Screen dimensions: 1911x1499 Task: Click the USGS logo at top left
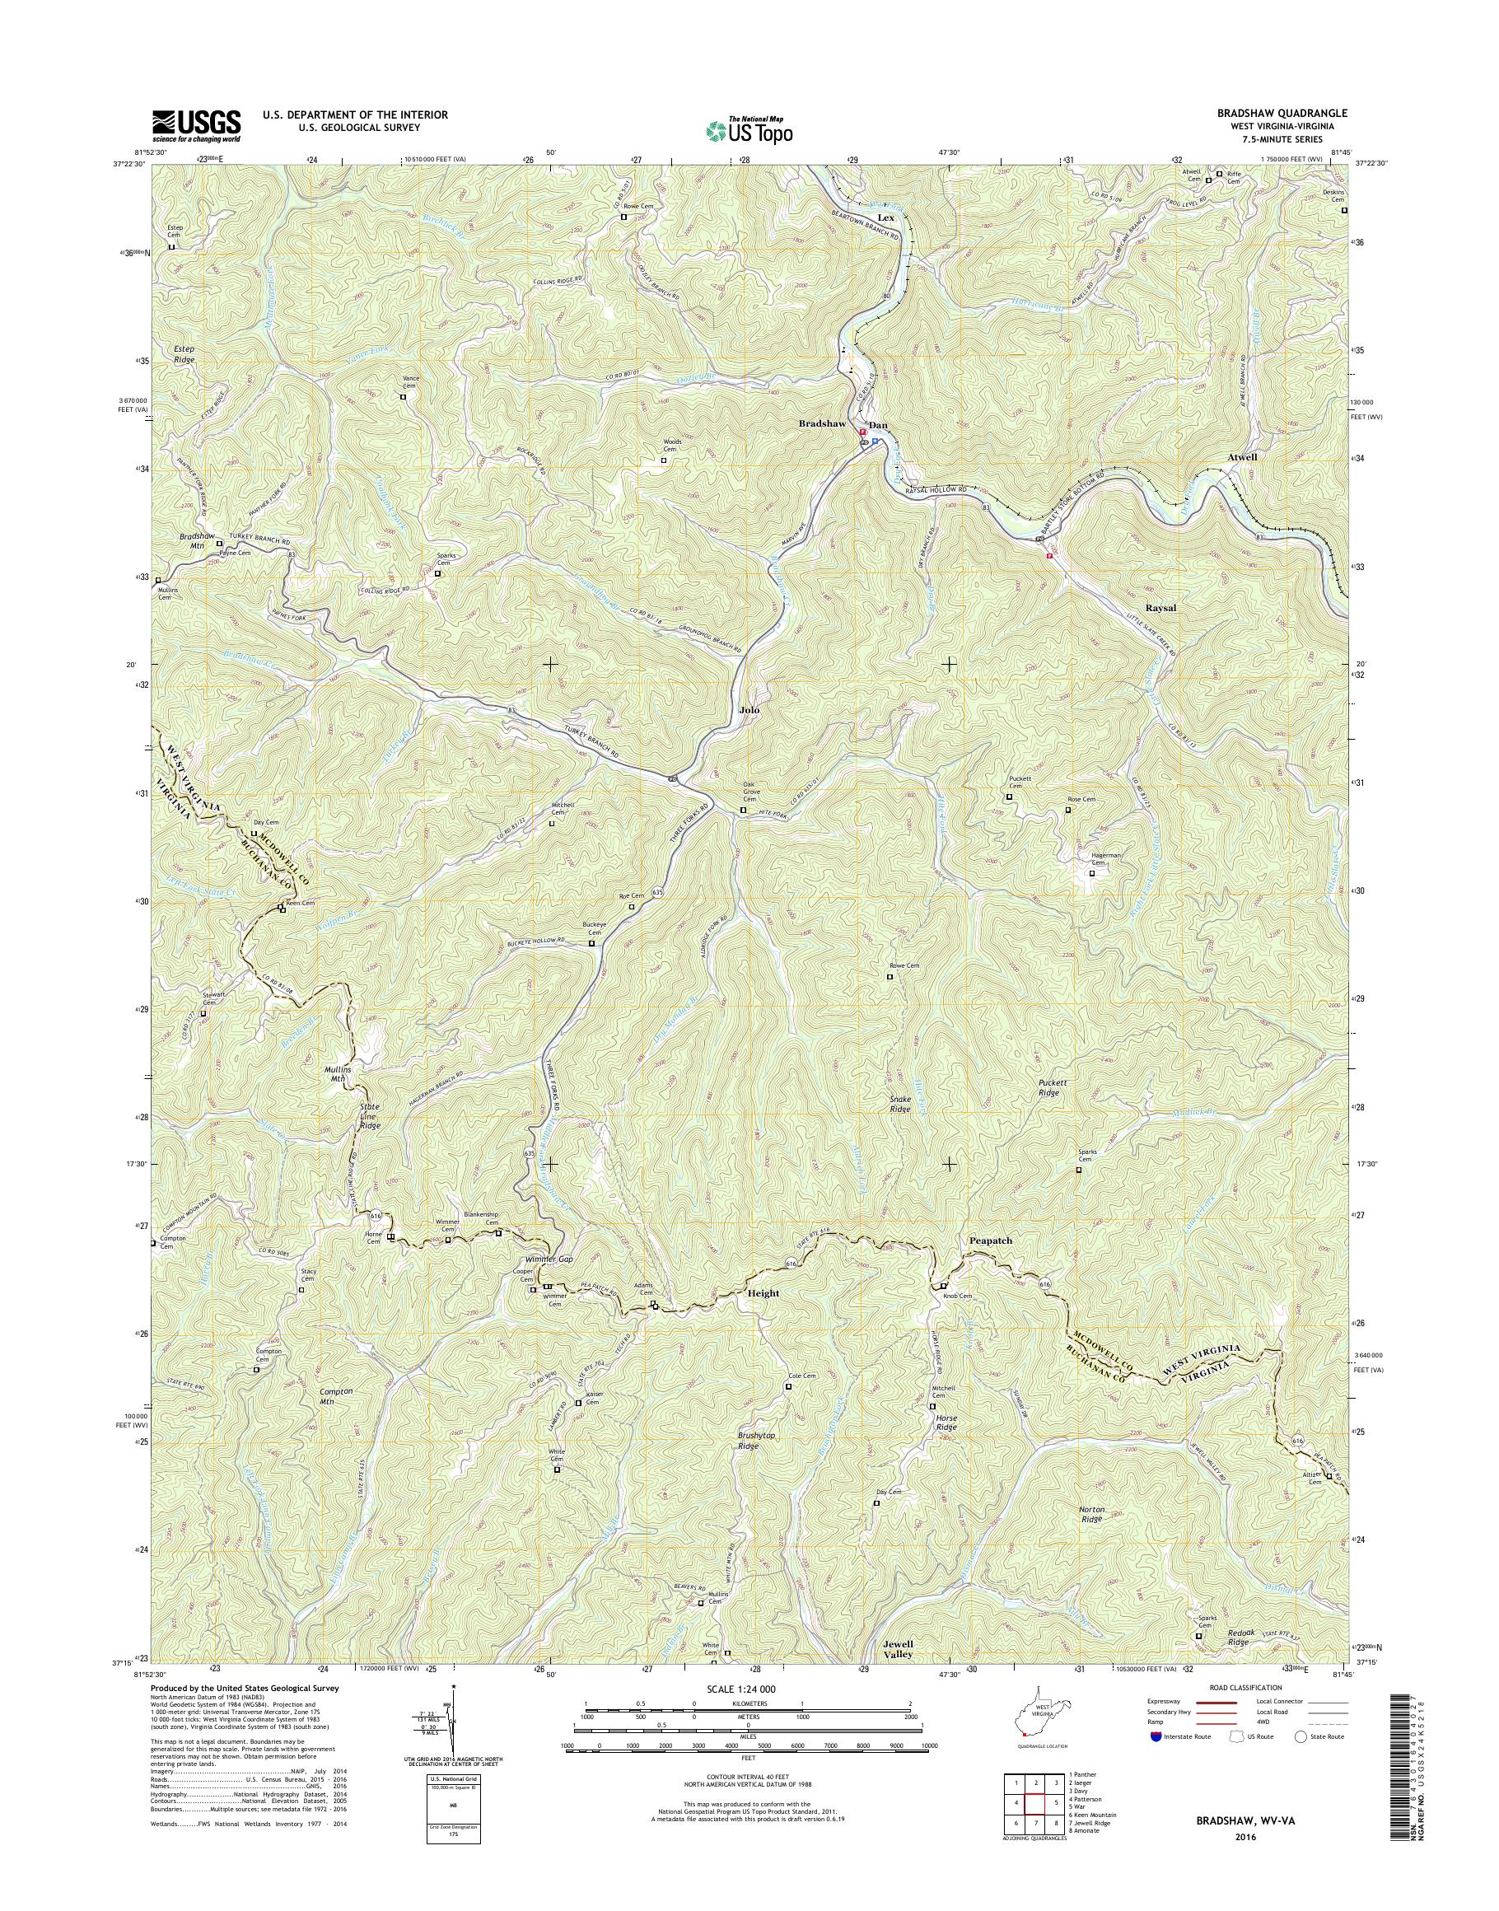click(x=197, y=125)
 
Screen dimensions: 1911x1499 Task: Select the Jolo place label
click(x=749, y=708)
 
